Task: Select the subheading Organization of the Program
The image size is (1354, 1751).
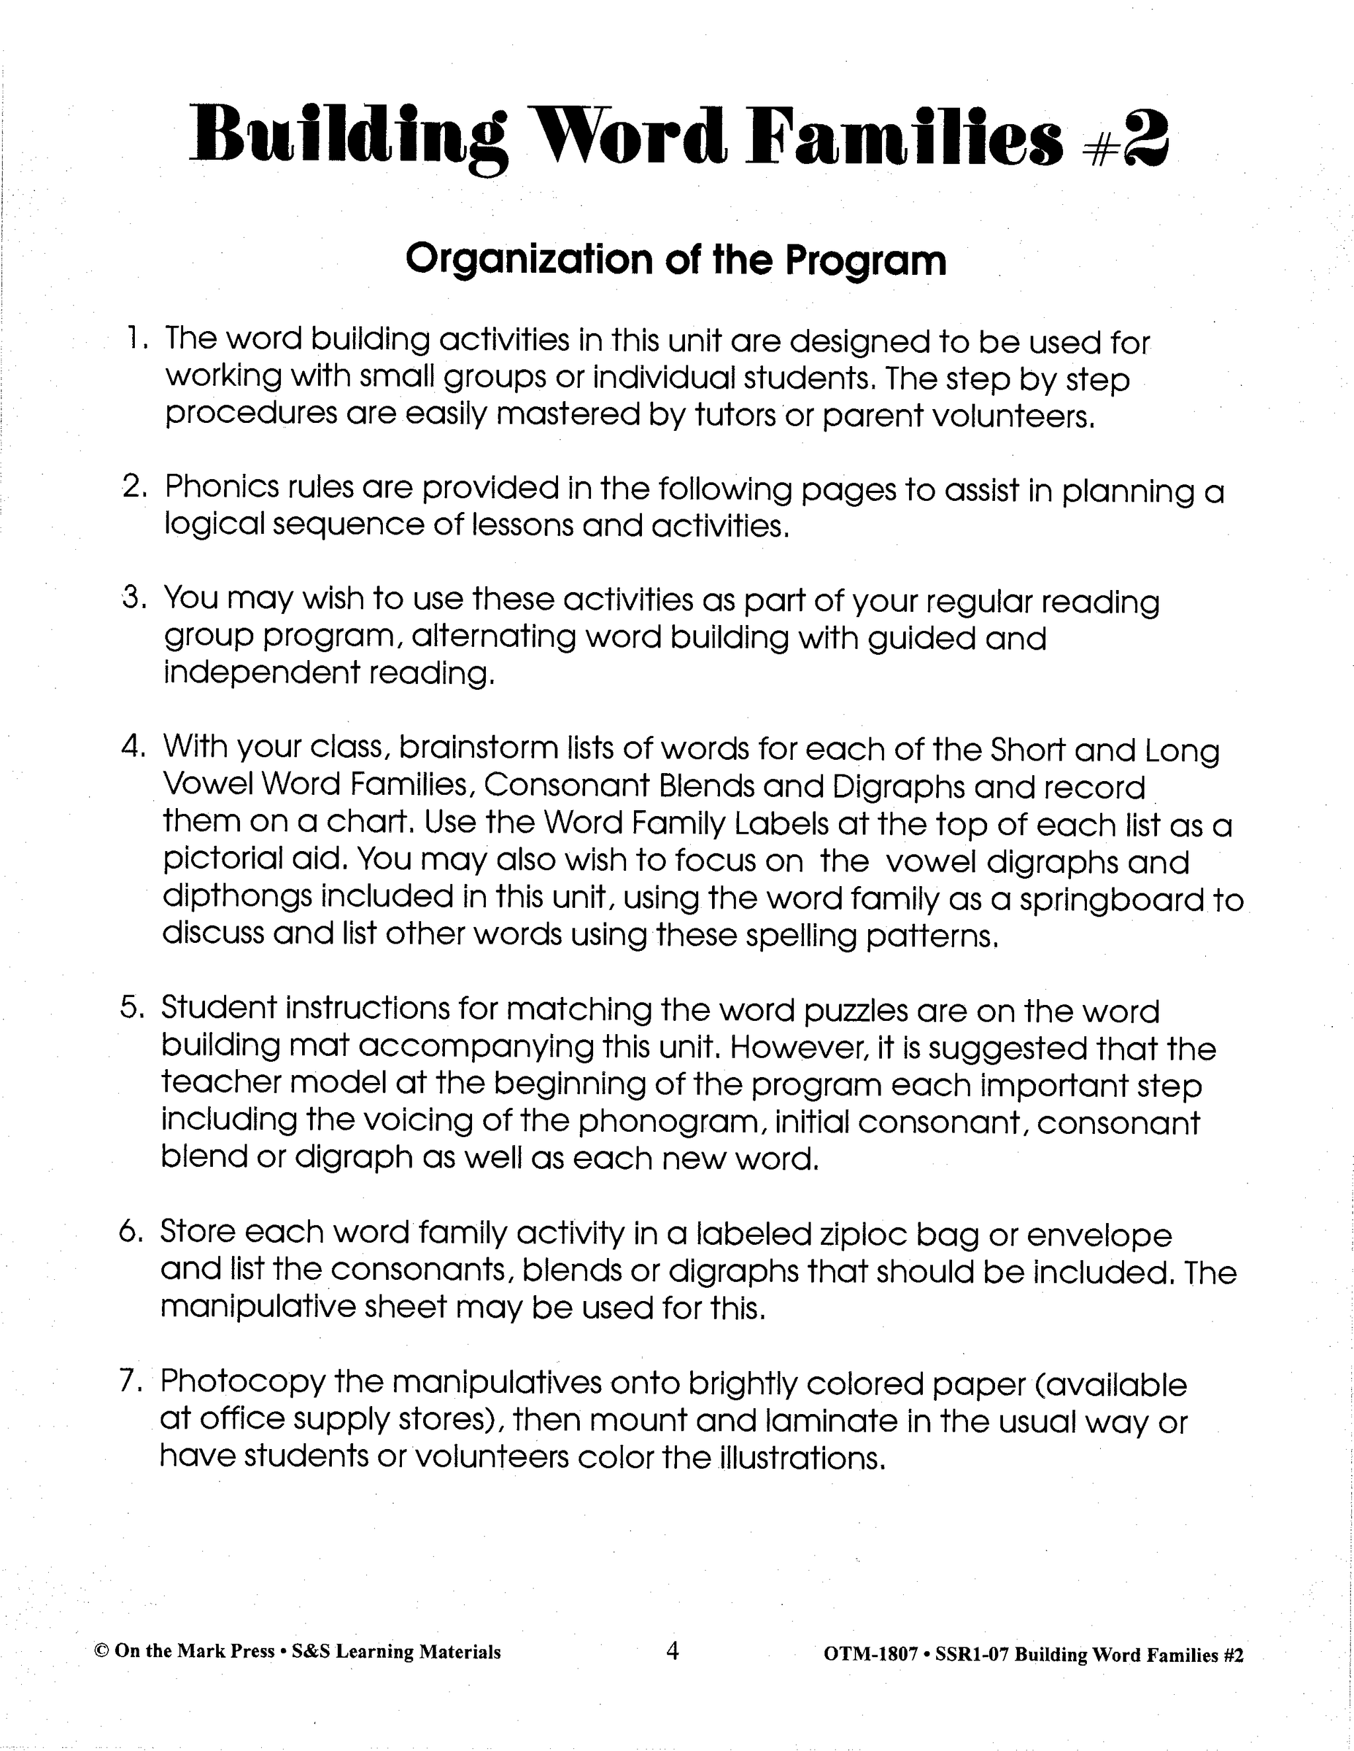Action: tap(676, 260)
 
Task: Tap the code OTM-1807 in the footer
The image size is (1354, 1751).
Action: tap(870, 1654)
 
